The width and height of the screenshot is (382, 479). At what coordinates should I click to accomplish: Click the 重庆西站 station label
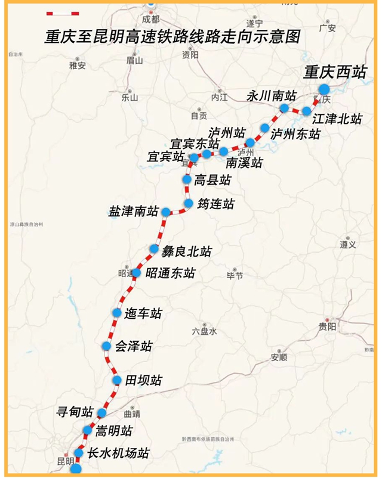(334, 72)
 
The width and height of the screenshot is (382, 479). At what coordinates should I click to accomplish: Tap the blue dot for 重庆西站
(324, 90)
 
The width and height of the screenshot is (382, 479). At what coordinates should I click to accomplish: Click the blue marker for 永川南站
(284, 108)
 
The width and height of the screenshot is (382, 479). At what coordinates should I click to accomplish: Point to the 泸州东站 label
(295, 134)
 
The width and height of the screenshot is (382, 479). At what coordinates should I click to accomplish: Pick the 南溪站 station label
(245, 161)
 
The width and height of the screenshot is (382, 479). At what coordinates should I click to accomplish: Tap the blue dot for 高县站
(186, 179)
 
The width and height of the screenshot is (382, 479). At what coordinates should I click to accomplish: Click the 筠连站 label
(215, 204)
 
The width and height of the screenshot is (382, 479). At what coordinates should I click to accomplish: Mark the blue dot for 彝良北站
(154, 248)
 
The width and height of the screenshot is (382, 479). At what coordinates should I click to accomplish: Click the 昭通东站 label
(170, 273)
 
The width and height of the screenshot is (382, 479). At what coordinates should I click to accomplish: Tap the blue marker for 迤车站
(117, 313)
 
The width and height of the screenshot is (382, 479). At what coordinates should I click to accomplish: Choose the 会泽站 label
(133, 346)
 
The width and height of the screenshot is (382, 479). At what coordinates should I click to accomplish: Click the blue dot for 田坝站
(117, 380)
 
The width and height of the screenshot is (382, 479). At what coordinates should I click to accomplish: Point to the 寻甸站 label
(75, 412)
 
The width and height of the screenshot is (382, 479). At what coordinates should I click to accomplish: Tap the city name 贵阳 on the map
(327, 326)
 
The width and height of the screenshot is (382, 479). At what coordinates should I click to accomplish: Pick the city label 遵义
(348, 244)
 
